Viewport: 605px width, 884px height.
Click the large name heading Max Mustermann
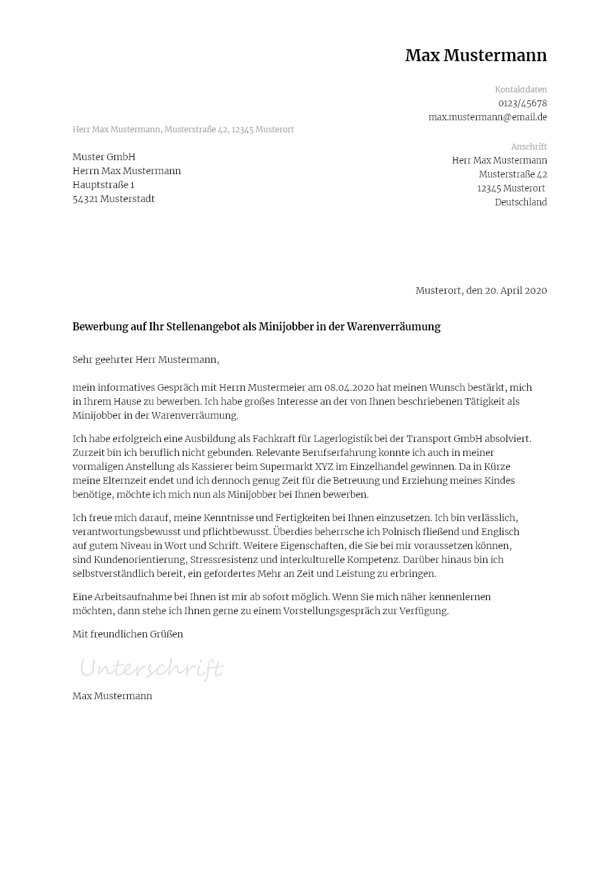(x=475, y=56)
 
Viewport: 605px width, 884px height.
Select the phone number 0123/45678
(x=523, y=103)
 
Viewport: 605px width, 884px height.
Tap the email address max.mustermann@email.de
(x=487, y=117)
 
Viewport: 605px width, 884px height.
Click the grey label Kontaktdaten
(x=521, y=90)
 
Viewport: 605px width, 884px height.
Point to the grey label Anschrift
(x=529, y=147)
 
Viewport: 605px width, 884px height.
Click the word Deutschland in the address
(x=521, y=202)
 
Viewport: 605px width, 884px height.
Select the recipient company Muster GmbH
(x=104, y=157)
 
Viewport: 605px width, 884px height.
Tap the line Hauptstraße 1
(x=103, y=185)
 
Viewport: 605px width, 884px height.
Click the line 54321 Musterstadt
(x=114, y=199)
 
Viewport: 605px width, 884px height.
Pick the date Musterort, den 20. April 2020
(x=481, y=290)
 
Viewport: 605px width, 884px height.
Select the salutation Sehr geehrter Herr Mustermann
(x=146, y=360)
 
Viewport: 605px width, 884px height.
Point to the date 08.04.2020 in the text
(x=349, y=387)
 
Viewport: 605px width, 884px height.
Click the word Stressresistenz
(x=224, y=560)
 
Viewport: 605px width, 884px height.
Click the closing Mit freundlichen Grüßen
(x=128, y=634)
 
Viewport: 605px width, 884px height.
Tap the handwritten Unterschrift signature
(x=152, y=668)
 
